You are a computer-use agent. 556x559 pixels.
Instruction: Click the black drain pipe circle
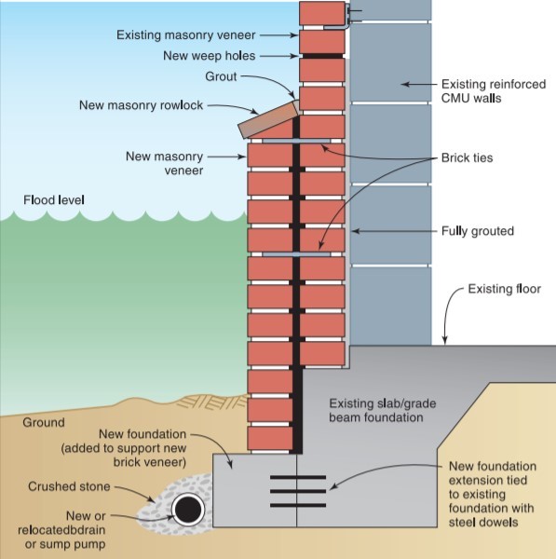click(x=188, y=510)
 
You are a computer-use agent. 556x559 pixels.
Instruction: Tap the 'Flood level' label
click(x=54, y=200)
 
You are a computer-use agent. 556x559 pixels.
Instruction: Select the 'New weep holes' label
click(x=210, y=56)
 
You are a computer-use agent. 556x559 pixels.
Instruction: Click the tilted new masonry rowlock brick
click(x=269, y=118)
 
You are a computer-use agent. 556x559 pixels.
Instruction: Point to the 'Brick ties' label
click(x=467, y=157)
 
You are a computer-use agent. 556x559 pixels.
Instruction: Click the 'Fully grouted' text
click(x=478, y=231)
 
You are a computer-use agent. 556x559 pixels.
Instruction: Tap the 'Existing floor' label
click(x=505, y=289)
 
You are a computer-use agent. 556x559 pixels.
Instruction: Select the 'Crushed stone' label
click(x=69, y=486)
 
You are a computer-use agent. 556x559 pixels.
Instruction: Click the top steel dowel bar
click(x=298, y=477)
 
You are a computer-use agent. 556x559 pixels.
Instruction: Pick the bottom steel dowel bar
click(x=298, y=505)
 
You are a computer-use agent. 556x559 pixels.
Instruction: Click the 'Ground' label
click(x=44, y=422)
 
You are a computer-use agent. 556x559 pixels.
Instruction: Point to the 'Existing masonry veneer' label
click(x=186, y=35)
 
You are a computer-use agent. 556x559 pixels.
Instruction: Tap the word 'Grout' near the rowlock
click(x=221, y=76)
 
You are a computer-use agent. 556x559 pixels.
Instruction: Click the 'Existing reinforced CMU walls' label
click(x=494, y=91)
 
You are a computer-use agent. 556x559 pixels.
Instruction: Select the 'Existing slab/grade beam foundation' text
click(x=383, y=410)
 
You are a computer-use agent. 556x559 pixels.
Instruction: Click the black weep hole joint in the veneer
click(x=322, y=56)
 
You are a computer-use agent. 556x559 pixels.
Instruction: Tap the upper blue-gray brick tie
click(x=296, y=142)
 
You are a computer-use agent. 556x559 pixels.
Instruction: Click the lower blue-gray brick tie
click(x=296, y=254)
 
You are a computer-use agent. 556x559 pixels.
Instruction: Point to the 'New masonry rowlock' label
click(x=142, y=105)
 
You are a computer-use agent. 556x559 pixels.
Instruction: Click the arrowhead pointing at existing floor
click(x=445, y=340)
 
